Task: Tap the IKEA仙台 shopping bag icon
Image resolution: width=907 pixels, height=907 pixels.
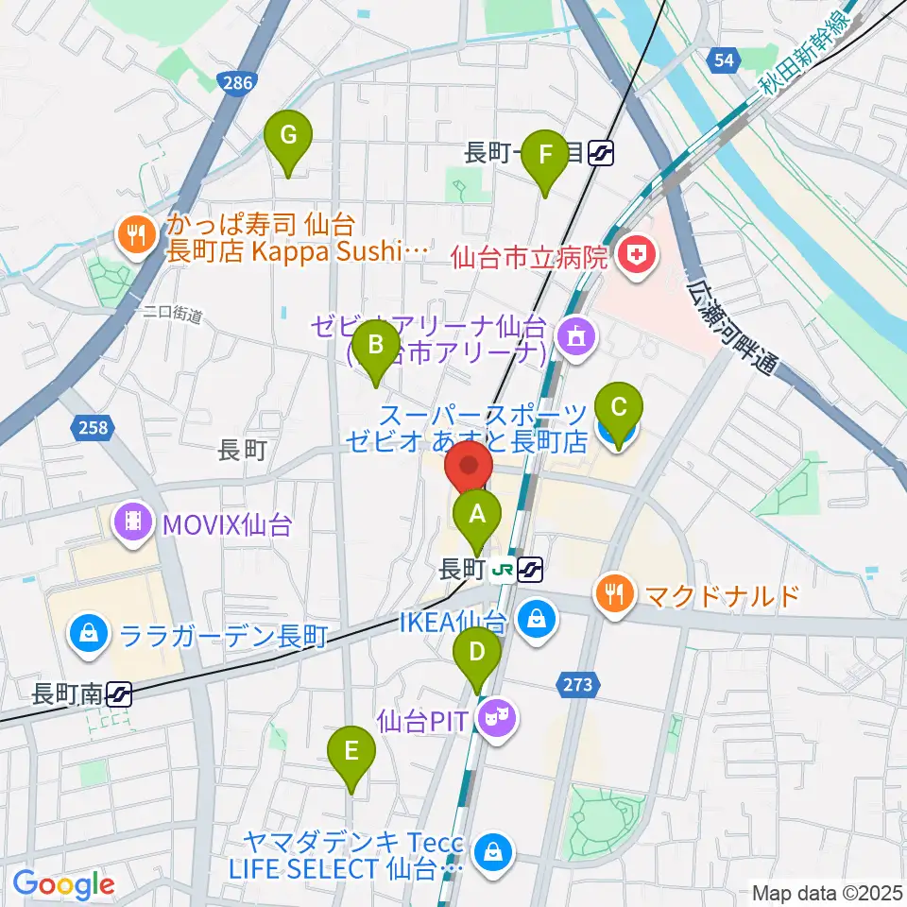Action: tap(536, 620)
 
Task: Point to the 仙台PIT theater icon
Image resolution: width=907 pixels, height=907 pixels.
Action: tap(492, 720)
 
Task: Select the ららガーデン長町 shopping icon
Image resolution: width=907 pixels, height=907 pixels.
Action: tap(88, 633)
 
